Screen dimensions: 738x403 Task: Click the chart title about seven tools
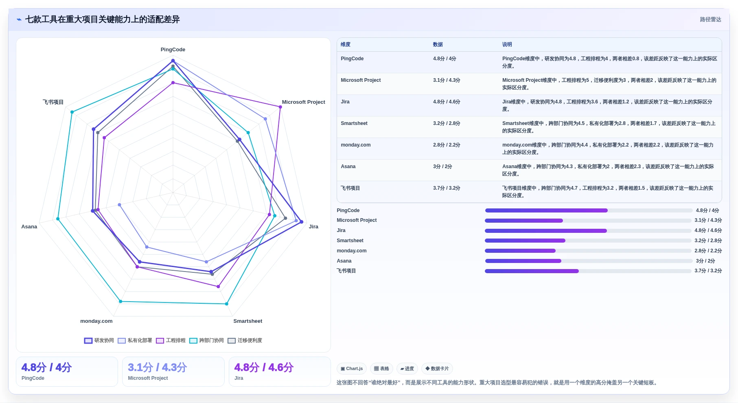pyautogui.click(x=102, y=20)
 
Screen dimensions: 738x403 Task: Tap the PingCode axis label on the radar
pyautogui.click(x=173, y=50)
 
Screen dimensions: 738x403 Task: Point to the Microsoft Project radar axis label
pyautogui.click(x=303, y=102)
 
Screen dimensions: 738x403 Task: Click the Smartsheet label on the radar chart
pyautogui.click(x=247, y=321)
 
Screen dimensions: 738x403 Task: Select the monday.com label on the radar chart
pyautogui.click(x=96, y=321)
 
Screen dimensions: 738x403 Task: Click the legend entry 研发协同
pyautogui.click(x=99, y=341)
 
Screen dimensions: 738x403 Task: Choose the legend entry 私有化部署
pyautogui.click(x=135, y=341)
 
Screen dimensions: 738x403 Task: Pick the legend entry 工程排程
pyautogui.click(x=171, y=341)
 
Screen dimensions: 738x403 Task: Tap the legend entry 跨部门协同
pyautogui.click(x=207, y=341)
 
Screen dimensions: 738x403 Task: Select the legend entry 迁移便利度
pyautogui.click(x=245, y=341)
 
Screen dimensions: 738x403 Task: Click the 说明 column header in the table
pyautogui.click(x=507, y=45)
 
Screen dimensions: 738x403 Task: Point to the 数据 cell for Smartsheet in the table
pyautogui.click(x=447, y=123)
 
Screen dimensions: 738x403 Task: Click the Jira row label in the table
pyautogui.click(x=345, y=102)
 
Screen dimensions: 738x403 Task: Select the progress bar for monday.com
pyautogui.click(x=588, y=251)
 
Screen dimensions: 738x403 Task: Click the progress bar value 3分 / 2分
pyautogui.click(x=705, y=261)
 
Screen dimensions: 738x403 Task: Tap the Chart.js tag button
pyautogui.click(x=352, y=369)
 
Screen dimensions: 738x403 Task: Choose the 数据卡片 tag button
pyautogui.click(x=437, y=369)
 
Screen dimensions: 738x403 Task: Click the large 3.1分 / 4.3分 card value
pyautogui.click(x=157, y=368)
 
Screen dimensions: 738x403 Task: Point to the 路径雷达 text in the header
pyautogui.click(x=710, y=20)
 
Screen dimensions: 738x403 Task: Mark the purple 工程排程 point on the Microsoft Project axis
pyautogui.click(x=280, y=107)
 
